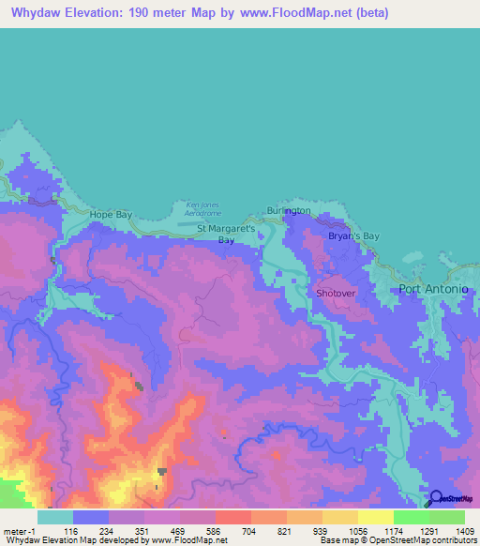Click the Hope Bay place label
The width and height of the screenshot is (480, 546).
pos(112,215)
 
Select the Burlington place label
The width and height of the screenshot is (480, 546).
pos(288,211)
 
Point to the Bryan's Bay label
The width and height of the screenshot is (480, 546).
pos(353,236)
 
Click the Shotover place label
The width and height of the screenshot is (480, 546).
pos(336,293)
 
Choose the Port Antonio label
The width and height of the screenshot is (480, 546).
pos(433,288)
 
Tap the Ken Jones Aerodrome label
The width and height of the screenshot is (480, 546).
pos(203,208)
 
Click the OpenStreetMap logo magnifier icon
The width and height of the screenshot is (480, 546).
pos(436,497)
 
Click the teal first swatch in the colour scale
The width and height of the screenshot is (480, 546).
pos(55,517)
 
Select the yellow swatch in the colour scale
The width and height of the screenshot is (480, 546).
pos(375,517)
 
